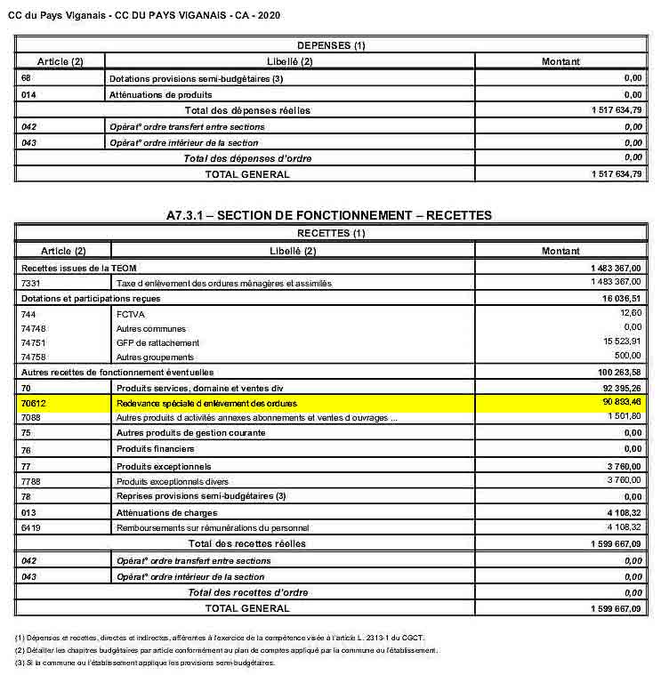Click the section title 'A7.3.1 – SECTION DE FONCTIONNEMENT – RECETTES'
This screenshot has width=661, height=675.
[329, 215]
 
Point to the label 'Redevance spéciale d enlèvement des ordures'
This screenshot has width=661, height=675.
[206, 403]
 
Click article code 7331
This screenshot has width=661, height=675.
[31, 283]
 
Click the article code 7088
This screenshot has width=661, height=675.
[31, 417]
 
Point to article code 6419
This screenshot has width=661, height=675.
[31, 527]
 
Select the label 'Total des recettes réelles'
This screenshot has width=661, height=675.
[246, 543]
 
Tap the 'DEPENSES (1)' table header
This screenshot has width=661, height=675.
[330, 45]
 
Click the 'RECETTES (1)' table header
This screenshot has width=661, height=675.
[330, 234]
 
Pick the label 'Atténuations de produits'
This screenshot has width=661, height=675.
[160, 94]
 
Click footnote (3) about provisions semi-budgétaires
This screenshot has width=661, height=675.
[145, 663]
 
